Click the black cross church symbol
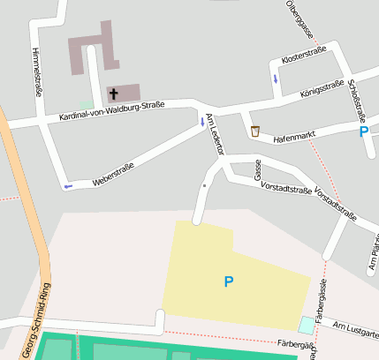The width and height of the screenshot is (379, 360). coord(113,93)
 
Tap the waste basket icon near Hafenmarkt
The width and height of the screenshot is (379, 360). coord(255,131)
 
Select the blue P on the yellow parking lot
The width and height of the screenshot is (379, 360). coord(229,281)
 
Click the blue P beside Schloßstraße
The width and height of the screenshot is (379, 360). coord(363,132)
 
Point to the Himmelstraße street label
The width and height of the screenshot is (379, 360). coord(38,71)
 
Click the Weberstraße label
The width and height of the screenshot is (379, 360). coord(113,174)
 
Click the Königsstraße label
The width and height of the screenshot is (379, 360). coord(321,87)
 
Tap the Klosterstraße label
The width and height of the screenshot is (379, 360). coord(304,55)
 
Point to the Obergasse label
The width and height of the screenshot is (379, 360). coord(300,19)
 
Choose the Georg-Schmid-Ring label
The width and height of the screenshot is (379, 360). coord(36,320)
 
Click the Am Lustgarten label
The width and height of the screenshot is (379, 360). coord(356,329)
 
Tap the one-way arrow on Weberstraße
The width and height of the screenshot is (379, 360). coord(68,186)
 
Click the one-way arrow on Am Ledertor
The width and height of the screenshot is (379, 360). coord(202,123)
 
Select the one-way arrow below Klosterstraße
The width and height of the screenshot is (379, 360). coord(276,79)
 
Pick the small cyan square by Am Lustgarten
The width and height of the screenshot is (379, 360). coord(306,325)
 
